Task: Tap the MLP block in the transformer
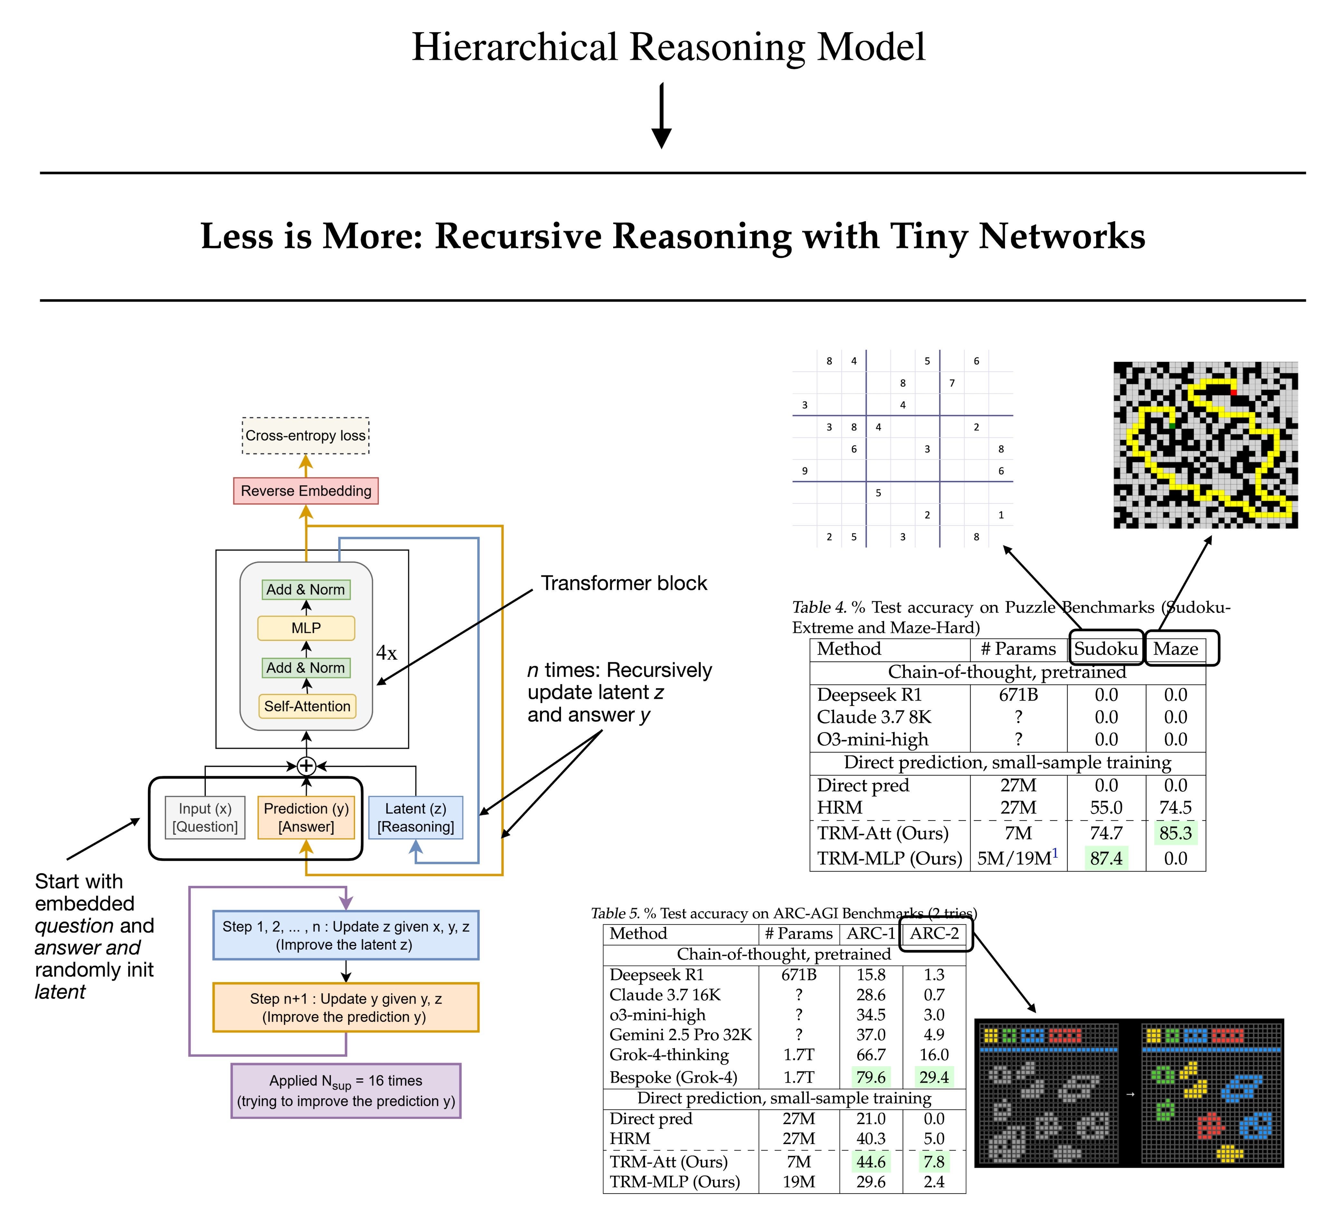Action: tap(306, 628)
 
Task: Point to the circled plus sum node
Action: tap(307, 765)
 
